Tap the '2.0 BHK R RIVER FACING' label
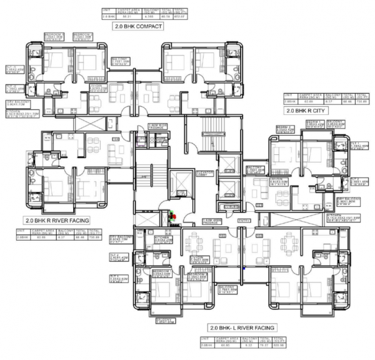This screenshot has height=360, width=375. point(57,221)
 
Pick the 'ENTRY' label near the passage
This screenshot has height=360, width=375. point(244,220)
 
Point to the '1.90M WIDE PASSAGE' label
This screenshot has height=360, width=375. point(159,127)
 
